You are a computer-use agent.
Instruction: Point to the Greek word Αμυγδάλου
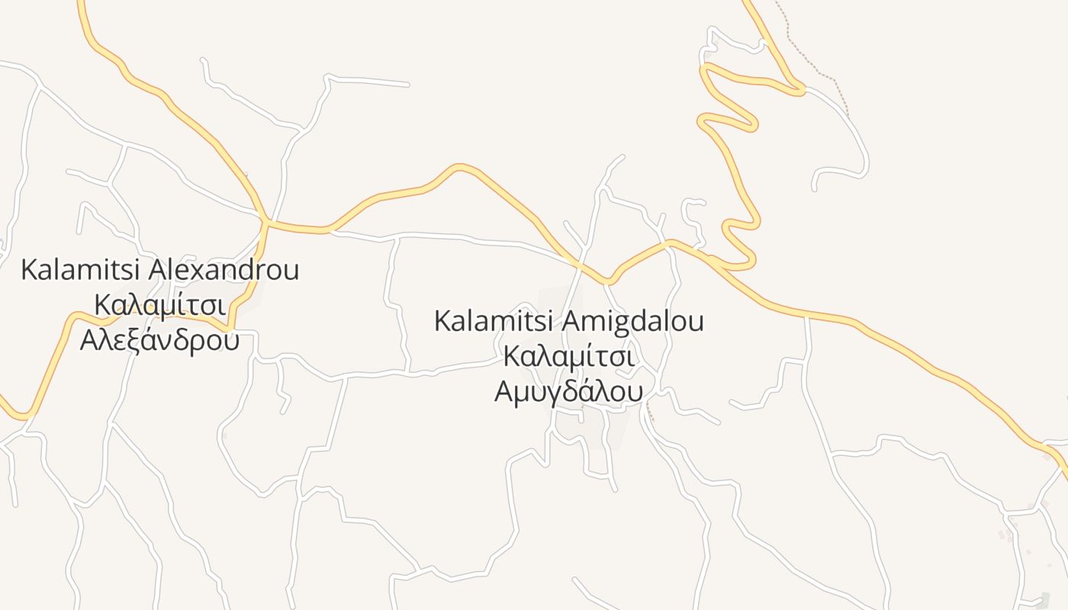(x=568, y=391)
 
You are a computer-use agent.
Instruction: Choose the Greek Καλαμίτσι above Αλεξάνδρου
(x=159, y=304)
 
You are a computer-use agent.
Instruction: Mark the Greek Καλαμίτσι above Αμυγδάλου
(x=568, y=356)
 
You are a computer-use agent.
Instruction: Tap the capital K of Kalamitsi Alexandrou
(x=28, y=269)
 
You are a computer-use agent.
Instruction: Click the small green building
(x=1045, y=599)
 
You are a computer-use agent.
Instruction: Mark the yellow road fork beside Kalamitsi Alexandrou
(x=265, y=222)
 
